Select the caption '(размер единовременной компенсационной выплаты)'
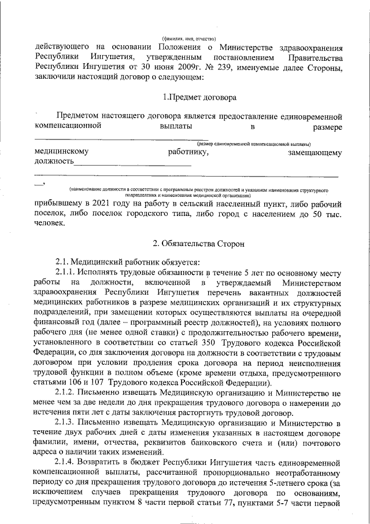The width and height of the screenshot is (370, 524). click(x=254, y=144)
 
